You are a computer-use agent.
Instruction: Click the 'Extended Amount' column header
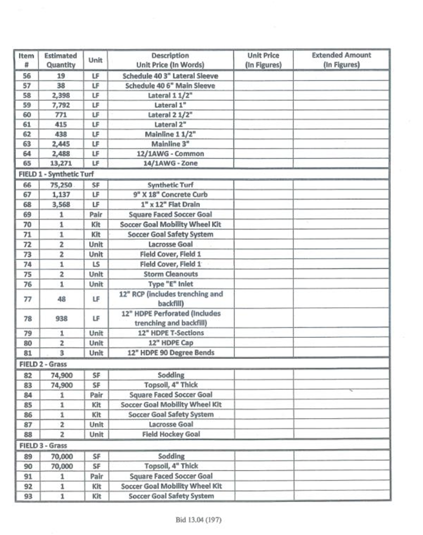click(341, 60)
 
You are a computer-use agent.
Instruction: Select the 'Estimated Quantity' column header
click(60, 60)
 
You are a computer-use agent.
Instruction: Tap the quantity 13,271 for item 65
click(60, 163)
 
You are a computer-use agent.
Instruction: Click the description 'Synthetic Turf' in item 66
click(170, 185)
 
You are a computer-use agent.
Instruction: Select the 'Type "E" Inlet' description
click(170, 284)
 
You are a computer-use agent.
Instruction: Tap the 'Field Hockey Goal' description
click(171, 434)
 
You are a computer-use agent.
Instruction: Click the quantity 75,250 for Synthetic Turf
click(60, 185)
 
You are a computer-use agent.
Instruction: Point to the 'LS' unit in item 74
click(96, 264)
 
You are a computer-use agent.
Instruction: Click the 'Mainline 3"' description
click(170, 144)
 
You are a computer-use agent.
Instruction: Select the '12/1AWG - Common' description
click(170, 153)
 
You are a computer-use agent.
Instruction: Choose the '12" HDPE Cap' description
click(170, 343)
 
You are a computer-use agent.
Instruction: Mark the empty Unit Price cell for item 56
click(263, 76)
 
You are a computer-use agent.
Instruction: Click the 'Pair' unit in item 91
click(96, 476)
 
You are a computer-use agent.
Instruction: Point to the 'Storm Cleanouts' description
click(171, 274)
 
